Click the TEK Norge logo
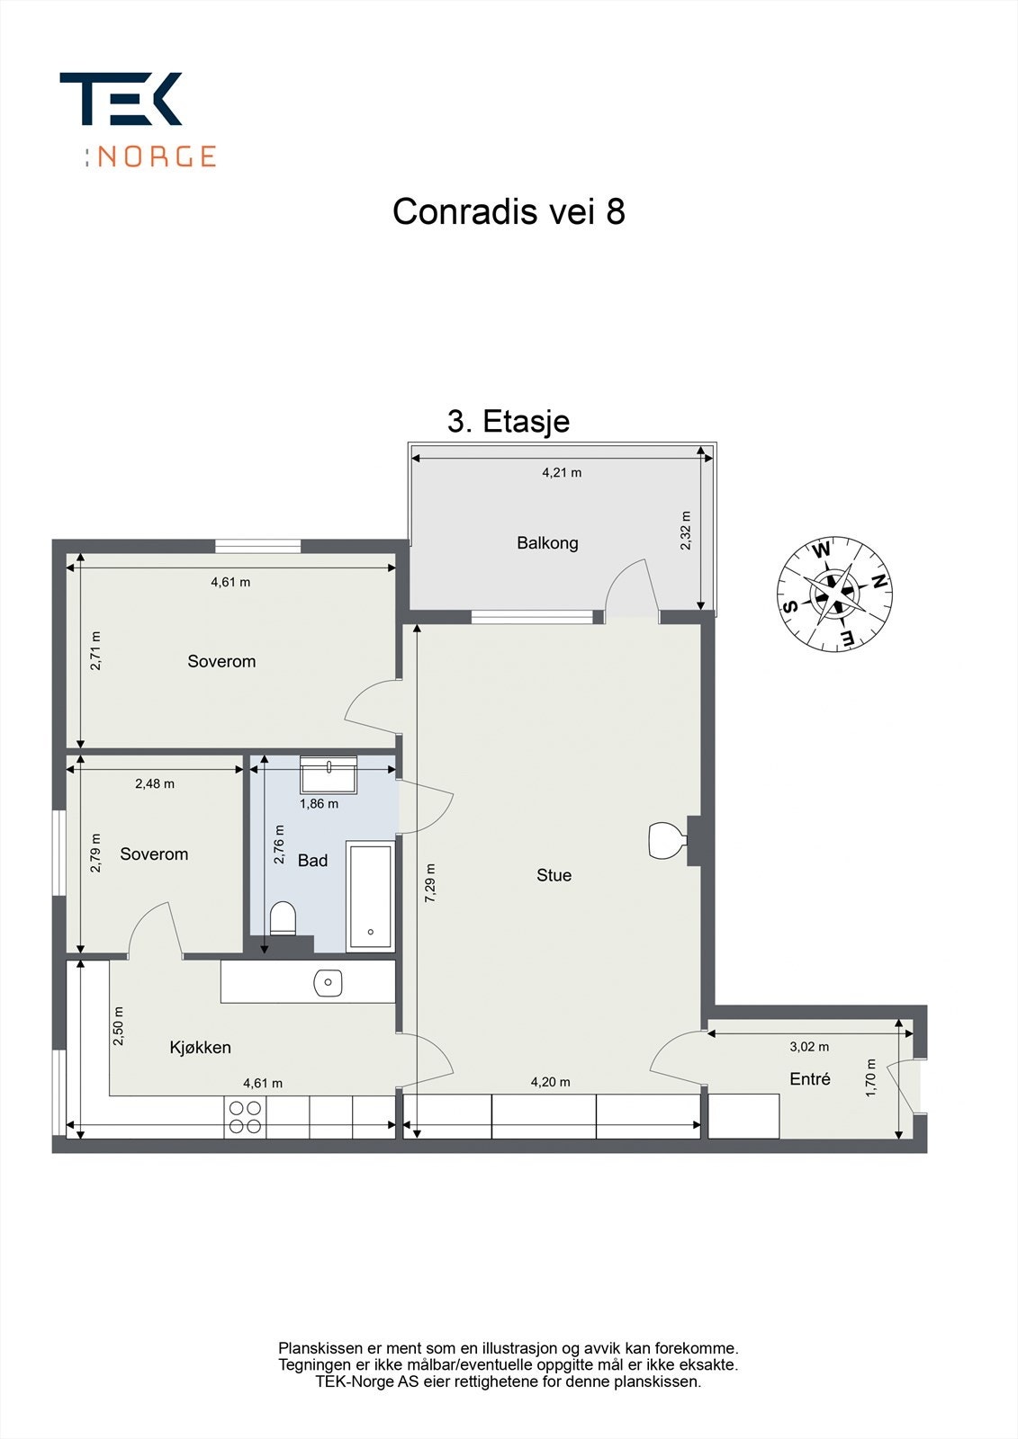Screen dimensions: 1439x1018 click(137, 120)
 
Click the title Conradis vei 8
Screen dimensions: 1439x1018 click(509, 212)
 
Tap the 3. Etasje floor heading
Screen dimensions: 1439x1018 click(509, 421)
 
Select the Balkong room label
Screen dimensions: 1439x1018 click(547, 543)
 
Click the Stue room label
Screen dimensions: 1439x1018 click(554, 875)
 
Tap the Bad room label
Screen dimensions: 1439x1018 click(312, 861)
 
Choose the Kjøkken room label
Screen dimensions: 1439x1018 click(201, 1048)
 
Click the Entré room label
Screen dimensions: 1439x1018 click(810, 1079)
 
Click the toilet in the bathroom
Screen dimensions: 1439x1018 click(283, 918)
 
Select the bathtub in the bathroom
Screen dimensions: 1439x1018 click(371, 897)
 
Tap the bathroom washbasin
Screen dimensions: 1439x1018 click(329, 774)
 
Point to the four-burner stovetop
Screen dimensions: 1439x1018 click(245, 1117)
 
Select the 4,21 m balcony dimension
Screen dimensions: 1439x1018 click(562, 473)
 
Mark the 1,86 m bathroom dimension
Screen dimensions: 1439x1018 click(319, 803)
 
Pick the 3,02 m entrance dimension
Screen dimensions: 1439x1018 click(809, 1047)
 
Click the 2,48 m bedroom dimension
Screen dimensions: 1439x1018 click(155, 783)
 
